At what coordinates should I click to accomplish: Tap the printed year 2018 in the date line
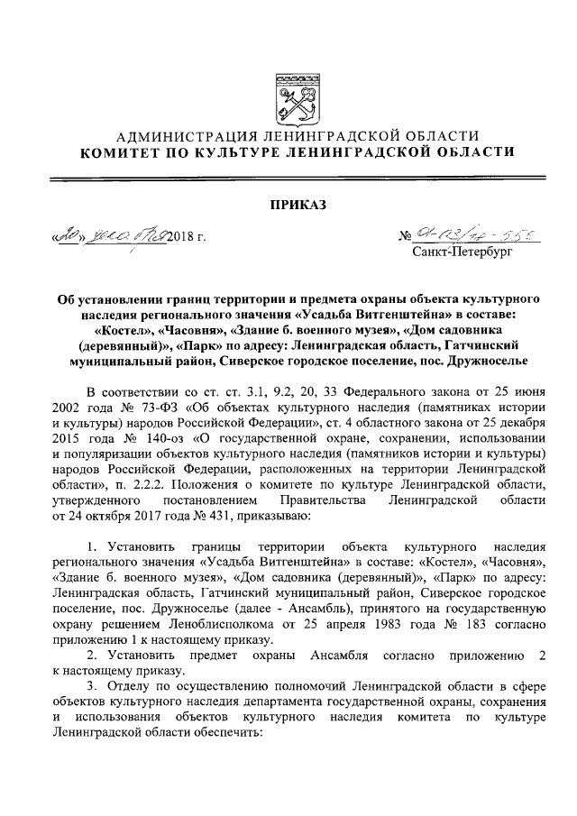pyautogui.click(x=180, y=239)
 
